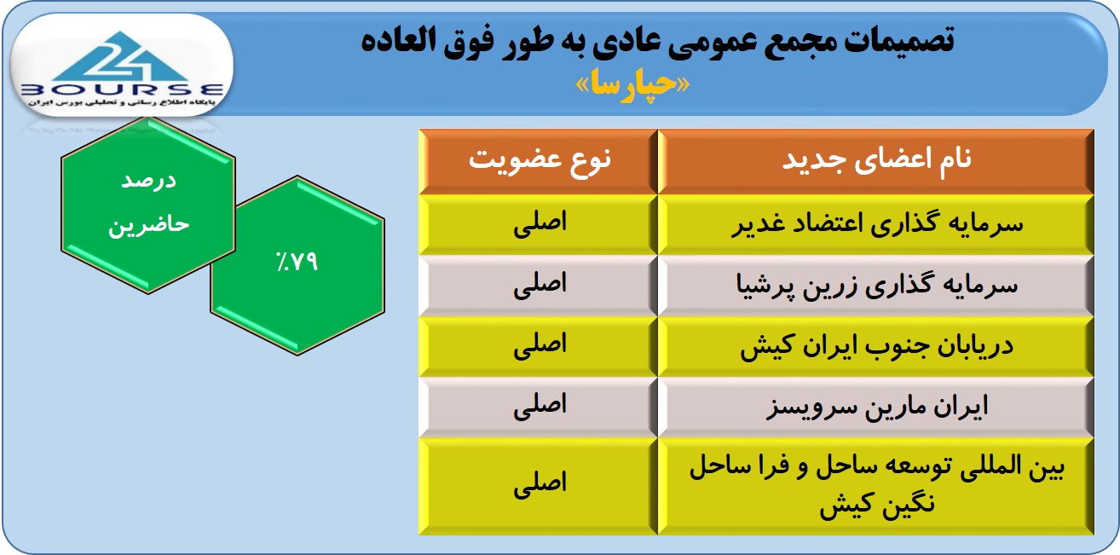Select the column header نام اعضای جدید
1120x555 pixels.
877,160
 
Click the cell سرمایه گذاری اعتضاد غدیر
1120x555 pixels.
877,224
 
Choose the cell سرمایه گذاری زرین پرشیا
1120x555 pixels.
877,286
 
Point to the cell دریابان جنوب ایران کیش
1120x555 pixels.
877,346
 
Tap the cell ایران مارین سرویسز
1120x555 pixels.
877,408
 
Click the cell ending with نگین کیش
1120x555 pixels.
877,486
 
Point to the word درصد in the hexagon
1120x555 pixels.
148,181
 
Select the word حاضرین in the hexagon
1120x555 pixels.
148,224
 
